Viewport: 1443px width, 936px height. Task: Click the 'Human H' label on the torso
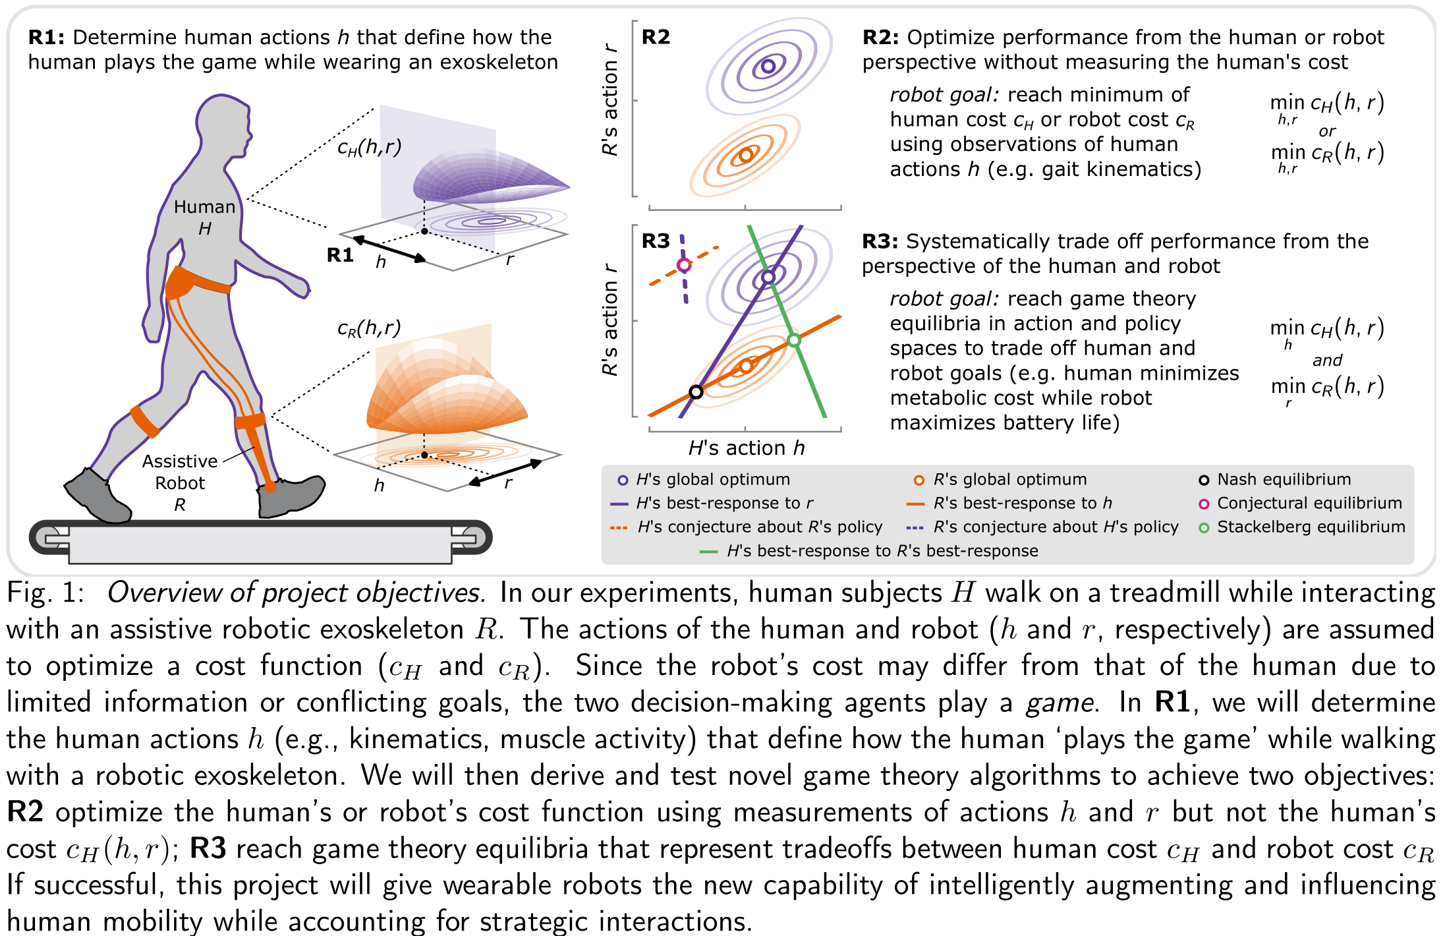tap(204, 217)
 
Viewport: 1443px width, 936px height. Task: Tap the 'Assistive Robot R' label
tap(180, 483)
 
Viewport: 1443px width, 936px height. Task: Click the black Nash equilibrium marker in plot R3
tap(696, 392)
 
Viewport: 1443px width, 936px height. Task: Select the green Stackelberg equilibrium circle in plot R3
tap(794, 340)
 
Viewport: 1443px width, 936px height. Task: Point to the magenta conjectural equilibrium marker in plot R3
tap(684, 265)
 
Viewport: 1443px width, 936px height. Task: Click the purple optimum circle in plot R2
tap(768, 66)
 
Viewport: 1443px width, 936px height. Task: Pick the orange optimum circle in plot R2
tap(745, 156)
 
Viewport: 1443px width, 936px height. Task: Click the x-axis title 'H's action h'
tap(746, 448)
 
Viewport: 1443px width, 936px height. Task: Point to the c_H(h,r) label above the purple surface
tap(369, 147)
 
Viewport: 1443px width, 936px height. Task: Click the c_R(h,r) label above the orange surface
tap(369, 328)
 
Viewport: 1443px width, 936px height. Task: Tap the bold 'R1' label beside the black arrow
tap(340, 255)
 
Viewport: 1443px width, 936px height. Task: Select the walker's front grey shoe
tap(290, 496)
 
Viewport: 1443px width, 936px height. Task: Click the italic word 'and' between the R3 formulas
tap(1327, 360)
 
